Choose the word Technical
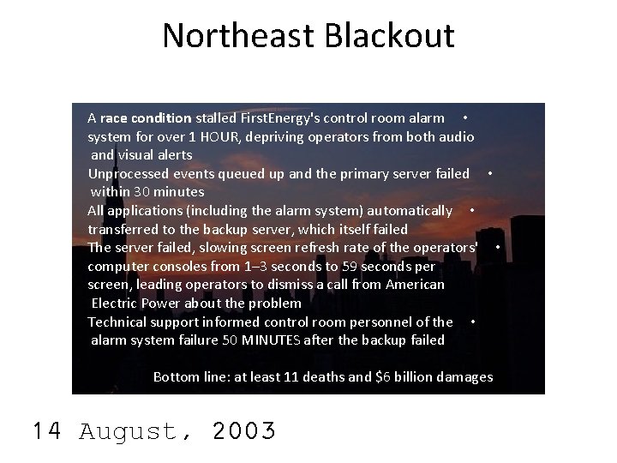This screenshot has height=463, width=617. (x=119, y=322)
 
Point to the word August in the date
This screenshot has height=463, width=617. (x=129, y=430)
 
